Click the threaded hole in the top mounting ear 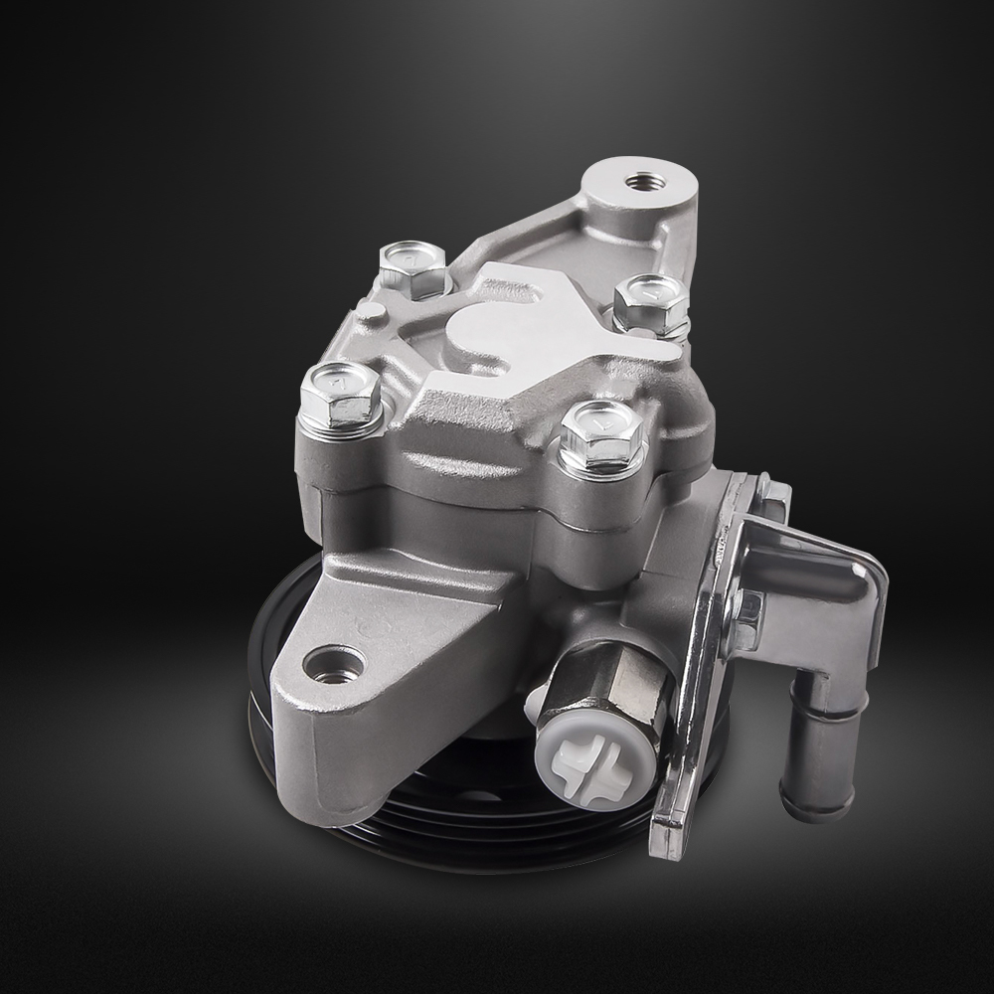[636, 184]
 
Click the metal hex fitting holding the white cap [611, 686]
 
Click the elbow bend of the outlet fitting [835, 636]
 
